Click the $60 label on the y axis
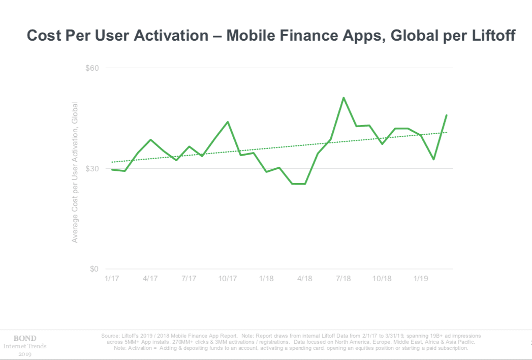click(x=94, y=68)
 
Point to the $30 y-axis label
click(x=94, y=168)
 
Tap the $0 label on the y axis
click(x=94, y=269)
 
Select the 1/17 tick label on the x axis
click(x=111, y=279)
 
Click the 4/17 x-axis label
click(x=150, y=279)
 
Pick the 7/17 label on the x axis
click(x=189, y=279)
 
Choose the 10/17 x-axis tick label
click(x=228, y=279)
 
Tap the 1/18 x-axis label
click(x=266, y=279)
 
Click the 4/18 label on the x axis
click(x=305, y=279)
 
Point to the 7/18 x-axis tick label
click(x=343, y=279)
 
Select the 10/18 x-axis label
click(x=382, y=279)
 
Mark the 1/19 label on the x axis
click(x=421, y=279)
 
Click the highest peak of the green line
click(x=343, y=98)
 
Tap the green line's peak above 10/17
click(x=228, y=122)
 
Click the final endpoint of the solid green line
click(x=446, y=115)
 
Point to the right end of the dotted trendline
click(x=446, y=132)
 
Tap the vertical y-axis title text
click(x=75, y=172)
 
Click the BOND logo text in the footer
click(x=24, y=338)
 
